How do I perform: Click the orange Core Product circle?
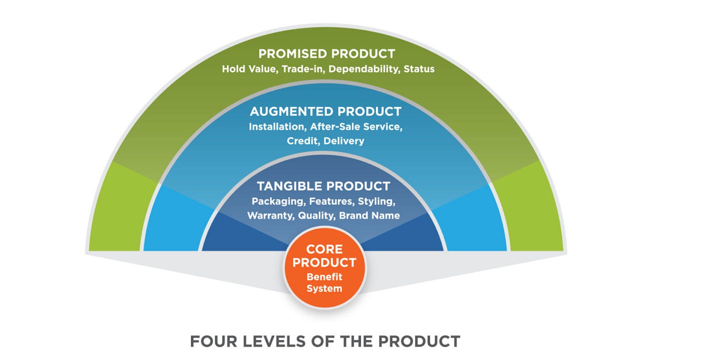point(325,267)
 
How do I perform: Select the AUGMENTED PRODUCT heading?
point(325,111)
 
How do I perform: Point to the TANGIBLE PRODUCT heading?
point(323,186)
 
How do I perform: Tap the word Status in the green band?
point(420,69)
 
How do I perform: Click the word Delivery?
point(344,141)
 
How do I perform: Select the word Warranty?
point(270,216)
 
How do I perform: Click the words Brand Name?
point(369,216)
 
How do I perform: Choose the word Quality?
point(316,216)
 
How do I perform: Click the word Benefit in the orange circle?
point(324,277)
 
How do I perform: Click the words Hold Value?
point(248,69)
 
